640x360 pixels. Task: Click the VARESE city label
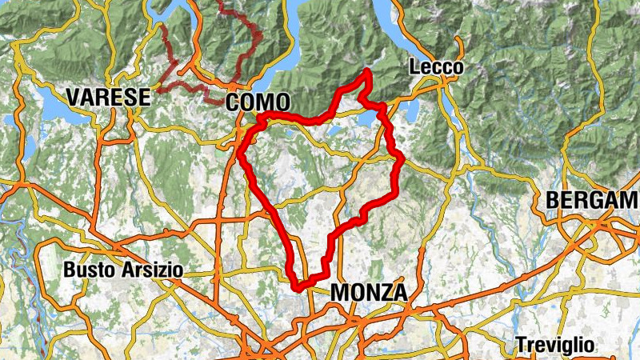[109, 98]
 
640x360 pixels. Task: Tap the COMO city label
[257, 102]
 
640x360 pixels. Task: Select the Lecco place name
[436, 68]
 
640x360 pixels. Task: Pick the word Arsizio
[152, 270]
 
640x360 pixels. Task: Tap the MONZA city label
[368, 293]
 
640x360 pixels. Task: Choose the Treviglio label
[555, 345]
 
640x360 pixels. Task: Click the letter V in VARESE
[74, 98]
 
